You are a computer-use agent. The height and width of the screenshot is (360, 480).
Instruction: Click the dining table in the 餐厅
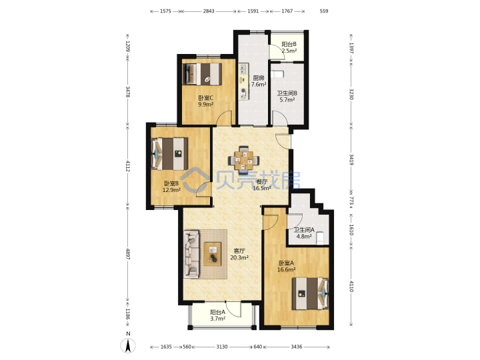pyautogui.click(x=244, y=160)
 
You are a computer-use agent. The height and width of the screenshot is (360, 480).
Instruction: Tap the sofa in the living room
pyautogui.click(x=191, y=255)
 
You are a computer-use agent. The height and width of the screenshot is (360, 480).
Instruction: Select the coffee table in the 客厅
pyautogui.click(x=213, y=254)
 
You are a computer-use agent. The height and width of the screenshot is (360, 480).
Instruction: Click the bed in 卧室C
pyautogui.click(x=202, y=74)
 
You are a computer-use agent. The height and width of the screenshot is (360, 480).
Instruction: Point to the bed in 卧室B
pyautogui.click(x=169, y=154)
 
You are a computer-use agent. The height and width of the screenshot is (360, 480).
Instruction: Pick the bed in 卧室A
pyautogui.click(x=310, y=293)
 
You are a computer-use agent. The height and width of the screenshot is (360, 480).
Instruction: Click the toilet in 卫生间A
pyautogui.click(x=320, y=239)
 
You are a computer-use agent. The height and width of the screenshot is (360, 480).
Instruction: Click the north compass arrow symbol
pyautogui.click(x=128, y=345)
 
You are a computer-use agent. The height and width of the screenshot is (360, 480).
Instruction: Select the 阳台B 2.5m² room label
pyautogui.click(x=289, y=47)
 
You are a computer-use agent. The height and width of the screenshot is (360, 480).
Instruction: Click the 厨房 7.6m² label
pyautogui.click(x=259, y=81)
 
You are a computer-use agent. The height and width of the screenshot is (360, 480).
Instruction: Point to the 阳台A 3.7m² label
pyautogui.click(x=217, y=315)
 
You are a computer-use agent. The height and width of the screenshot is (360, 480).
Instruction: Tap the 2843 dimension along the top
pyautogui.click(x=209, y=11)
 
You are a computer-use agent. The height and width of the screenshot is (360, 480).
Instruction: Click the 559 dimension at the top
pyautogui.click(x=324, y=11)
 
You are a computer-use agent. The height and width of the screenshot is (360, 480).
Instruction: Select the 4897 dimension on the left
pyautogui.click(x=128, y=254)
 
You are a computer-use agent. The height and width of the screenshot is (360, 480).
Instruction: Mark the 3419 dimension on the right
pyautogui.click(x=351, y=160)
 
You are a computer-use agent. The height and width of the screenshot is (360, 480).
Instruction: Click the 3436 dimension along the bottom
pyautogui.click(x=296, y=347)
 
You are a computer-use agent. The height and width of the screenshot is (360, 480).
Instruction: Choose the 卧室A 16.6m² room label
pyautogui.click(x=286, y=266)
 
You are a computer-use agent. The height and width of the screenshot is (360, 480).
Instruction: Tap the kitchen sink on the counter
pyautogui.click(x=243, y=69)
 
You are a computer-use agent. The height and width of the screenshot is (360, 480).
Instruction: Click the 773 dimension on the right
pyautogui.click(x=351, y=201)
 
